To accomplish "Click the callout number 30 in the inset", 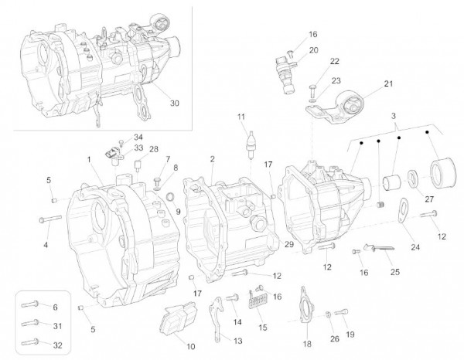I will tap(175, 104).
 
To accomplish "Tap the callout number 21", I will tap(388, 84).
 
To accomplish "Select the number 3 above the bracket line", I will tap(394, 114).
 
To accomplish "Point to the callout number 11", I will tap(241, 117).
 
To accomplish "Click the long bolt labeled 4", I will tap(48, 219).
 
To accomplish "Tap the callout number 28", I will tap(154, 149).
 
